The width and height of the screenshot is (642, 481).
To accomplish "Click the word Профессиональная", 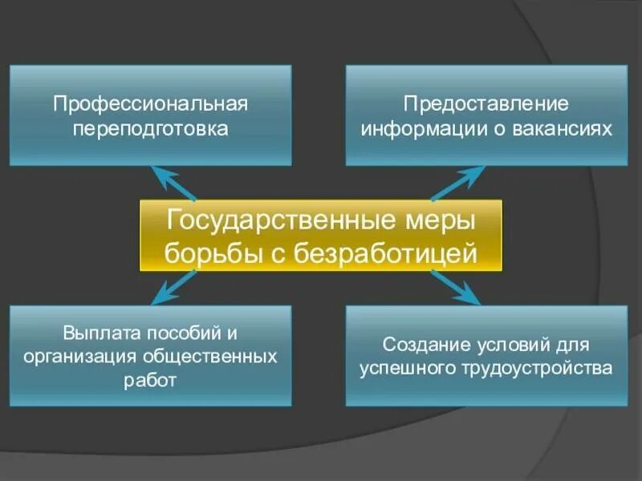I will point(150,105).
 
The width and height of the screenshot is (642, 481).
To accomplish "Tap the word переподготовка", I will point(150,128).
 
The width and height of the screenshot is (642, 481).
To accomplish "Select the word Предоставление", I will point(486,105).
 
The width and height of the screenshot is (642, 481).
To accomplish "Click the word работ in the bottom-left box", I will point(150,379).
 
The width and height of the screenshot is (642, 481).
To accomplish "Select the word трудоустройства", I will point(534,369).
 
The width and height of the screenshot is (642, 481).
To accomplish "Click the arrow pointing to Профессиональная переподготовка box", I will point(173,183).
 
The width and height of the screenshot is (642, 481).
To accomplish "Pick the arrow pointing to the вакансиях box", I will point(457,183).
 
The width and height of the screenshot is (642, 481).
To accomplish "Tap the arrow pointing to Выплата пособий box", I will point(173,287).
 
